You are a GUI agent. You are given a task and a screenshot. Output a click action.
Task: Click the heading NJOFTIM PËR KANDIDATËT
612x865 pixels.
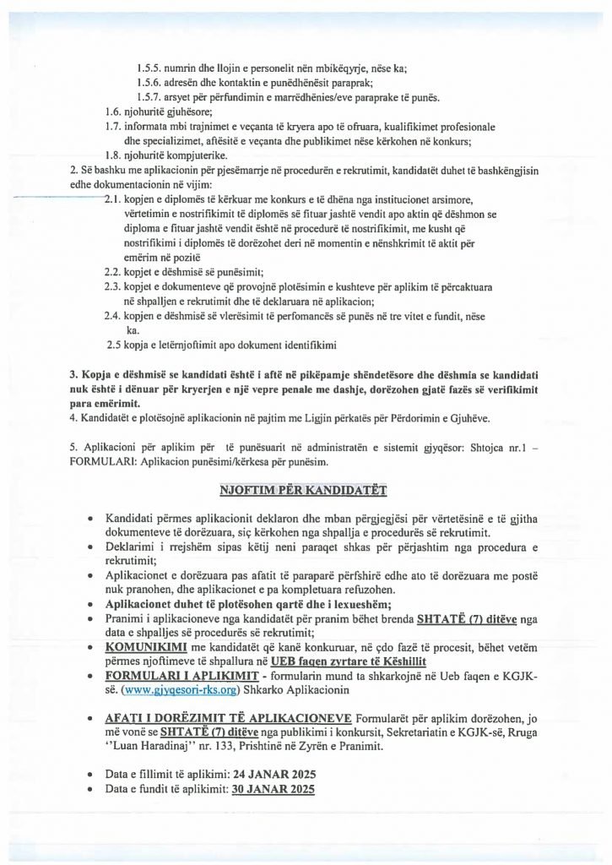(305, 489)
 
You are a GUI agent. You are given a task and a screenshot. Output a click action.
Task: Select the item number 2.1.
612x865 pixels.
(114, 199)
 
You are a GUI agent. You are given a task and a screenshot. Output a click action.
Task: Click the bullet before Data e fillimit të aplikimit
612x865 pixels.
(89, 774)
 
